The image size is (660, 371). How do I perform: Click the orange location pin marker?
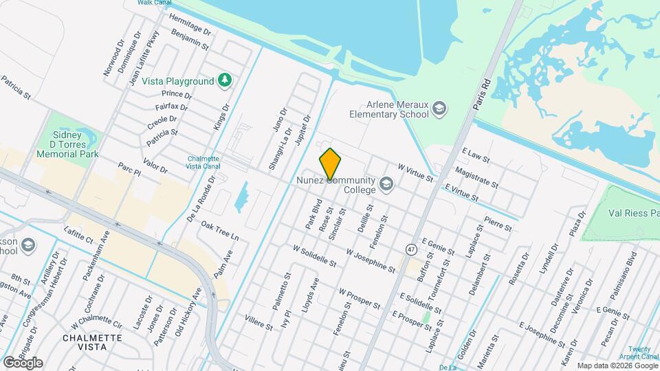click(x=330, y=164)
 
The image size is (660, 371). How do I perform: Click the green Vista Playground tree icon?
click(x=224, y=81)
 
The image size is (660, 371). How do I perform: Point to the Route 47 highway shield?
click(x=410, y=249)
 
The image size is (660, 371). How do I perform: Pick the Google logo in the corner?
click(x=23, y=362)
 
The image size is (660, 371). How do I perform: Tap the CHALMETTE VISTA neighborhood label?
click(x=92, y=342)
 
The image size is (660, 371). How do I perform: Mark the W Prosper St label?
click(x=360, y=297)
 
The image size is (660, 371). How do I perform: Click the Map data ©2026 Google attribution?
click(x=616, y=366)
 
